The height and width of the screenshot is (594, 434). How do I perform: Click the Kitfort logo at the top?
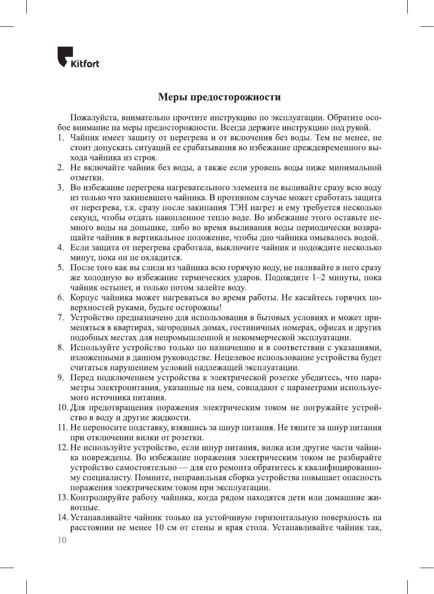tap(79, 58)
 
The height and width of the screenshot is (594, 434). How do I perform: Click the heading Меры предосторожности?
tap(219, 97)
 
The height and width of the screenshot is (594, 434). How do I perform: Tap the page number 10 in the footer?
tap(62, 540)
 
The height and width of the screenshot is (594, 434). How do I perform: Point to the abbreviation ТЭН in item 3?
tap(239, 208)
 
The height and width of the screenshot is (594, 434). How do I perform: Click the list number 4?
tap(60, 248)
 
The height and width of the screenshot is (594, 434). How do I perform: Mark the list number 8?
tap(60, 348)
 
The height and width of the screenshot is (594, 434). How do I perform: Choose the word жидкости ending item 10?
tap(173, 418)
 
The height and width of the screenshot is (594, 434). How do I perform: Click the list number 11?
tap(62, 428)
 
